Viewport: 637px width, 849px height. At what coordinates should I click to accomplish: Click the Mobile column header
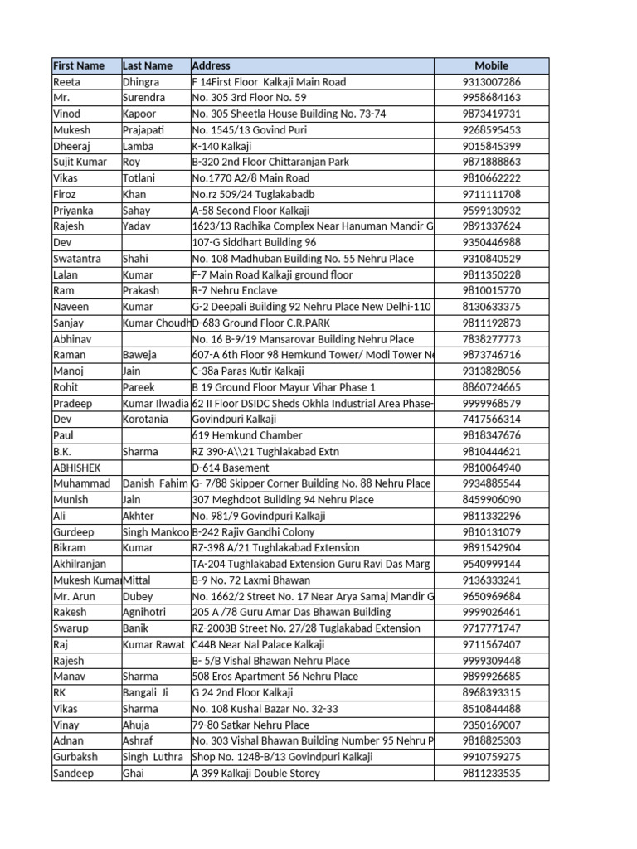pos(491,65)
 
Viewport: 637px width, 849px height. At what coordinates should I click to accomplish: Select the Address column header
pos(212,65)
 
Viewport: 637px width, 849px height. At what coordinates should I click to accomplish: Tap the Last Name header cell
pos(148,65)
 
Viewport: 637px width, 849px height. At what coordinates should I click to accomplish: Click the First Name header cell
pos(79,65)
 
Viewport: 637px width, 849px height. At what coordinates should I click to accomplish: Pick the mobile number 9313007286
pos(491,82)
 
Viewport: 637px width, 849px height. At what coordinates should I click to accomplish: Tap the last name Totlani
pos(140,178)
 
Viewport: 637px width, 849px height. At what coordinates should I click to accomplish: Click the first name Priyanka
pos(73,211)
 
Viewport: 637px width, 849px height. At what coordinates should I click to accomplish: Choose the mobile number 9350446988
pos(491,242)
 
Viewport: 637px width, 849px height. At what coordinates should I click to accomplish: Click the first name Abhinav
pos(72,339)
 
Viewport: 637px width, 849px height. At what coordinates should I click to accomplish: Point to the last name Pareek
pos(139,387)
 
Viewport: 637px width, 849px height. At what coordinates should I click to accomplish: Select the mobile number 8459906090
pos(491,500)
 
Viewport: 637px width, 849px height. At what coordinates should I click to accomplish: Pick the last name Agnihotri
pos(144,612)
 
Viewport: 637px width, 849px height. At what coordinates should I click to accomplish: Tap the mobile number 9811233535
pos(491,773)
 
